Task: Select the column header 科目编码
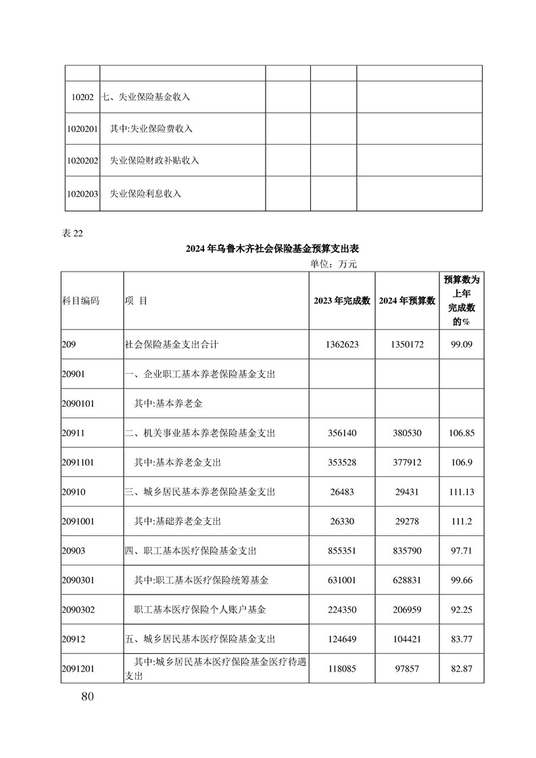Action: [80, 301]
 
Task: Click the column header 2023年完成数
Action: [341, 301]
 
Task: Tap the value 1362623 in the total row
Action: [341, 345]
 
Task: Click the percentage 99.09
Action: [461, 345]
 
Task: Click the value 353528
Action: [341, 463]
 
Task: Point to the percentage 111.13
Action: [461, 492]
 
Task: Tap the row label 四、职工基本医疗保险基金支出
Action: [191, 551]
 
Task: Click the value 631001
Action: [341, 580]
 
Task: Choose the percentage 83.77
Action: [461, 638]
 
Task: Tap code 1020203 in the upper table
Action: [83, 194]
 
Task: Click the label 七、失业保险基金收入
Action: [145, 97]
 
